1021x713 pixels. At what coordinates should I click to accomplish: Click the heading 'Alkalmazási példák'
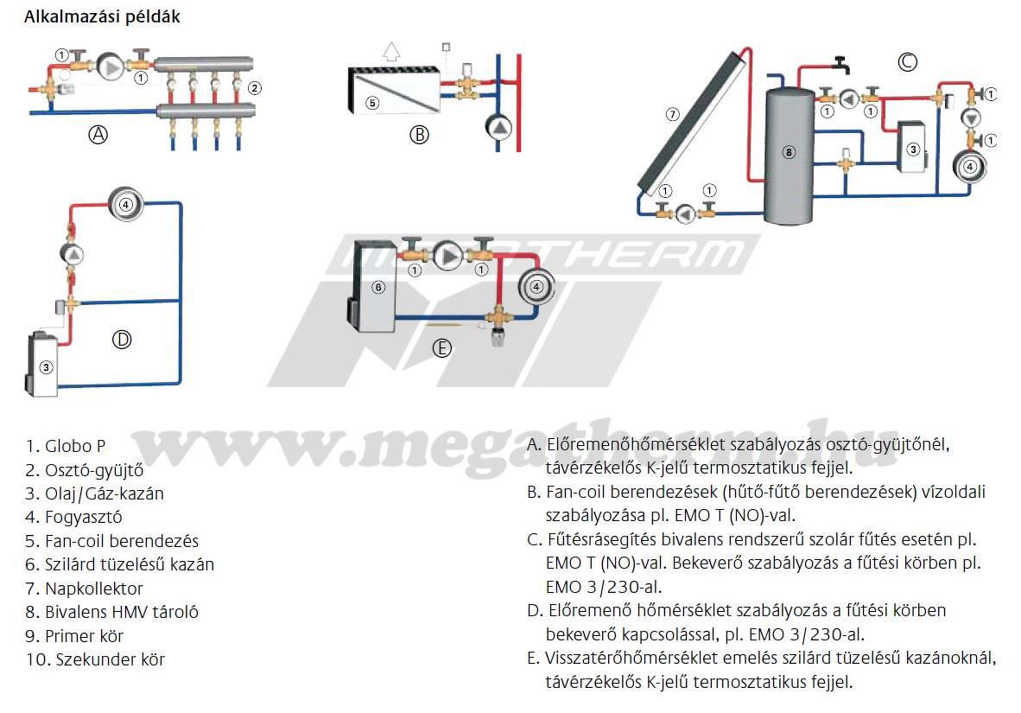(x=102, y=16)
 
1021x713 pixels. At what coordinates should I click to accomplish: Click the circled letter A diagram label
(x=99, y=134)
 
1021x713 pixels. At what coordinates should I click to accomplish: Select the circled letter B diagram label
(x=419, y=134)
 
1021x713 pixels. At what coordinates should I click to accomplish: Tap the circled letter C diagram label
(x=907, y=61)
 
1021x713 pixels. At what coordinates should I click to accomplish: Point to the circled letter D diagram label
(x=122, y=340)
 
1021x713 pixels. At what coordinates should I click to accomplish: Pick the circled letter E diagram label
(x=441, y=347)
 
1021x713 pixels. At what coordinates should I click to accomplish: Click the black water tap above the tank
(x=839, y=63)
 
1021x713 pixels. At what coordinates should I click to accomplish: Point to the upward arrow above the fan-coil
(x=392, y=49)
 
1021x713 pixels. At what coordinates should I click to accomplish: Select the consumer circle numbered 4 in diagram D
(x=126, y=204)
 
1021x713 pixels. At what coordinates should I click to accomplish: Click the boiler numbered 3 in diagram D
(x=43, y=360)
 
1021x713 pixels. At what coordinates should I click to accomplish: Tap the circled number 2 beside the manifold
(x=254, y=87)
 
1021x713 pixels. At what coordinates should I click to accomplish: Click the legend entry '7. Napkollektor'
(x=84, y=589)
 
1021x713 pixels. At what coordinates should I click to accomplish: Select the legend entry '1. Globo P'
(x=65, y=446)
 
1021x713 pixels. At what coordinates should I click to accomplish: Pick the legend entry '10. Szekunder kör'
(x=95, y=659)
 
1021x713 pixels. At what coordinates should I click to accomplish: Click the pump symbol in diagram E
(x=448, y=256)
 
